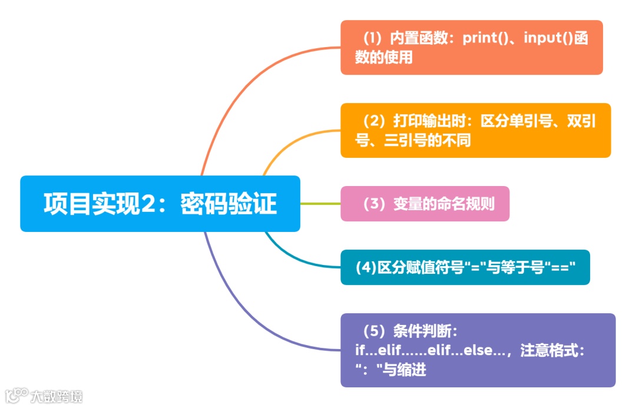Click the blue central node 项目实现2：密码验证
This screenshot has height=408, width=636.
pos(160,204)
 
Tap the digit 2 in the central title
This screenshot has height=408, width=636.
pos(148,204)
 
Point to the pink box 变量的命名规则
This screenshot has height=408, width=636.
pos(425,204)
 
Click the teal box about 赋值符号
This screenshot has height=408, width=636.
pos(465,267)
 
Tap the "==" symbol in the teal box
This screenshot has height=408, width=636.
pos(562,267)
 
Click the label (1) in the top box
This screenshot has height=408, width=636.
pos(372,39)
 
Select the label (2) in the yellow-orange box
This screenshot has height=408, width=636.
pos(372,122)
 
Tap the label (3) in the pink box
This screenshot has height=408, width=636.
pos(372,204)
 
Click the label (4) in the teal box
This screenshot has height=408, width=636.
pos(366,267)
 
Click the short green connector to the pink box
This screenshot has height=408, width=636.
pos(320,204)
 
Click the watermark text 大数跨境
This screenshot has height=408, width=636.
pos(57,396)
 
